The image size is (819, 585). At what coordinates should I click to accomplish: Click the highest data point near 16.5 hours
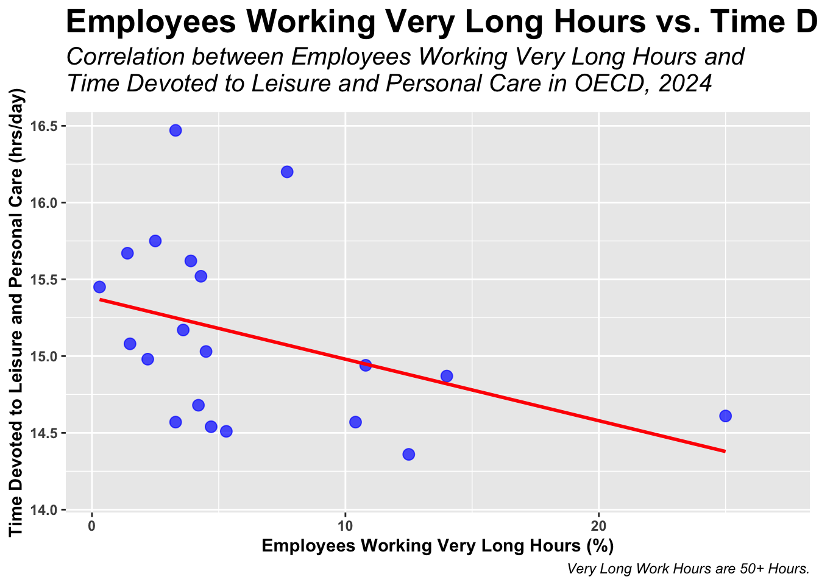175,130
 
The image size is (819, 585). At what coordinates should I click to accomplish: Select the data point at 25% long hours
725,416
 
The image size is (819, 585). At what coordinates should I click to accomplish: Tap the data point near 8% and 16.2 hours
287,172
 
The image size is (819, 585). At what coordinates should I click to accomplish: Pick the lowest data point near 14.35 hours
409,455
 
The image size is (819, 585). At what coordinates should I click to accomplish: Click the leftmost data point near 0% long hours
99,287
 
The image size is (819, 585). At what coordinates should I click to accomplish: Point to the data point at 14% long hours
447,376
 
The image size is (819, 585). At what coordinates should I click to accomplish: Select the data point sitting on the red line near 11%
366,366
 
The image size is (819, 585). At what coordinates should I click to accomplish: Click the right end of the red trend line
725,451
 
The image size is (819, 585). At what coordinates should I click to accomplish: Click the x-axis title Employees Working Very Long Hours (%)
438,545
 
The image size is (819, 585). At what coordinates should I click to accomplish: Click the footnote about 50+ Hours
687,569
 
